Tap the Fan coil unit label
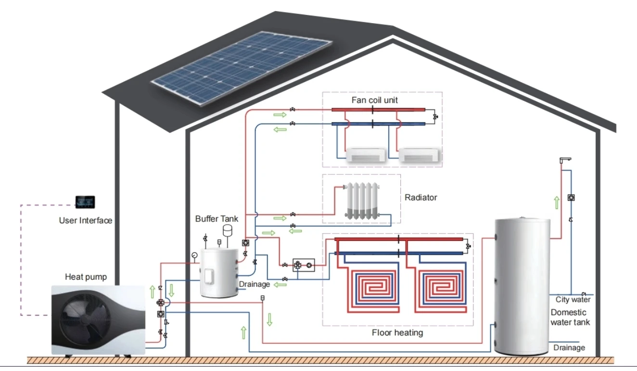[374, 100]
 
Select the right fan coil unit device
[420, 155]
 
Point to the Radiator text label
[420, 198]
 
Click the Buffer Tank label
[217, 219]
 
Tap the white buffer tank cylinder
[219, 272]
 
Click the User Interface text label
[85, 221]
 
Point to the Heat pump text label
[86, 277]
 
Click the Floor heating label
[397, 333]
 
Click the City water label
[573, 300]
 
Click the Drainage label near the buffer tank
[255, 284]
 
